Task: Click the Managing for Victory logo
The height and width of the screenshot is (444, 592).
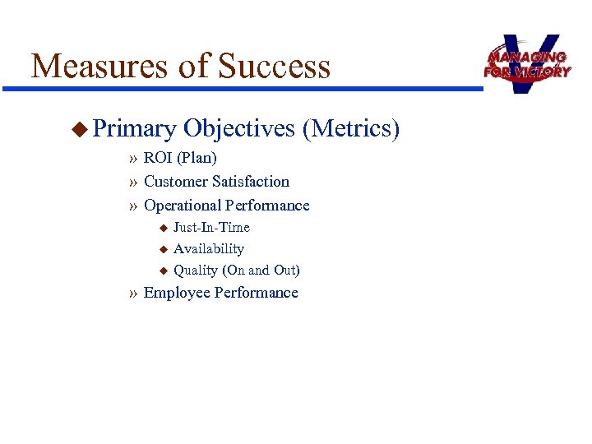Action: (x=527, y=63)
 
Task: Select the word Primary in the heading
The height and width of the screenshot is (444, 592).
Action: (x=134, y=129)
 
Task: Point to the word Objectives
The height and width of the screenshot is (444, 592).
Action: (x=239, y=129)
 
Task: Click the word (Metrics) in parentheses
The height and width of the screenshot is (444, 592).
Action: (x=351, y=129)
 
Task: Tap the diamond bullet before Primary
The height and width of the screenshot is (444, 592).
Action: (x=79, y=128)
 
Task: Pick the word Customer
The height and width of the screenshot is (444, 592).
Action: (x=175, y=181)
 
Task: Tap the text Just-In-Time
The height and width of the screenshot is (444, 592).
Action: (x=211, y=227)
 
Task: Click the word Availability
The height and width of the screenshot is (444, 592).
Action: (x=209, y=248)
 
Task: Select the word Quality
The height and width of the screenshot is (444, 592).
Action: (x=196, y=270)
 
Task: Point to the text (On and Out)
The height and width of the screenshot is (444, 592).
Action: (x=261, y=270)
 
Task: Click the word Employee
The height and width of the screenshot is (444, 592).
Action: (x=176, y=294)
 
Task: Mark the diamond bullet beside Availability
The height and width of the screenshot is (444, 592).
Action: (x=163, y=248)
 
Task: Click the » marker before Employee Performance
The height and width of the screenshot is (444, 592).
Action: (x=133, y=294)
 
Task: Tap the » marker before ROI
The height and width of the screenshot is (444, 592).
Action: (x=133, y=158)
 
